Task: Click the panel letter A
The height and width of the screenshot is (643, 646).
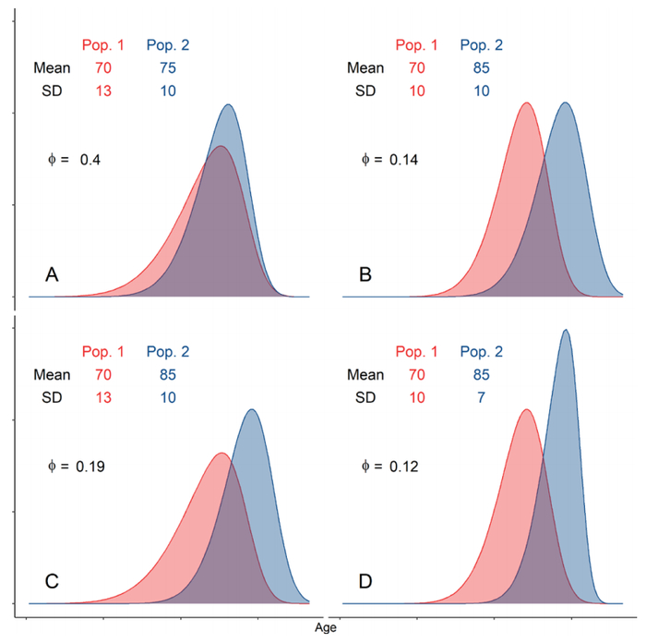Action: (x=53, y=274)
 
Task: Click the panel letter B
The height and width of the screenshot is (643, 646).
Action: (x=366, y=274)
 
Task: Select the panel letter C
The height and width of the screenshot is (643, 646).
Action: (x=53, y=581)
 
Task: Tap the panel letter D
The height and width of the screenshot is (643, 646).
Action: (x=366, y=581)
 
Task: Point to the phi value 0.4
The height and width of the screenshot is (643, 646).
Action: (x=90, y=160)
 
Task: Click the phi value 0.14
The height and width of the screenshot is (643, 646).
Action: (x=404, y=160)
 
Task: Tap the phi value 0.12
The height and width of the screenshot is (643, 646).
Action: (x=404, y=467)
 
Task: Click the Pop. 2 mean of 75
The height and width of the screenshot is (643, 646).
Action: (x=167, y=67)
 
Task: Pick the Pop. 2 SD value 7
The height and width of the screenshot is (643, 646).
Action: (x=481, y=398)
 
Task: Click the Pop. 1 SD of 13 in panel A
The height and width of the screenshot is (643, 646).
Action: (x=102, y=91)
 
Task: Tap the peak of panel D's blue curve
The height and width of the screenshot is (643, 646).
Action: (x=565, y=331)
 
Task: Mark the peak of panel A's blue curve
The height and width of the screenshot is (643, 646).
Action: (x=229, y=105)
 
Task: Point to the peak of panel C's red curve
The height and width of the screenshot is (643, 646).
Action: (x=221, y=454)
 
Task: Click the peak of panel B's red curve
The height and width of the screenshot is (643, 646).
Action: (x=526, y=103)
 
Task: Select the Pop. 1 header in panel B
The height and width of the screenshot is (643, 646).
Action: (x=416, y=44)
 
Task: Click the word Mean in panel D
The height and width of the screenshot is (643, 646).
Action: (x=365, y=375)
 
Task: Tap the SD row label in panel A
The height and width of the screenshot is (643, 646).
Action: (x=54, y=91)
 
